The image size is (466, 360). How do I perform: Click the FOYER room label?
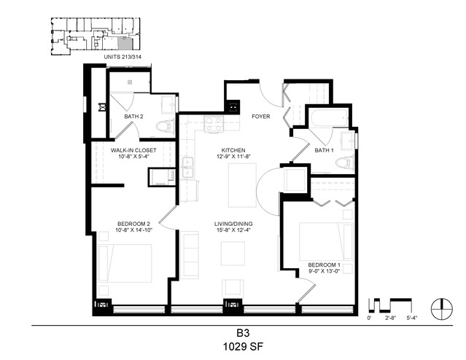tap(260, 117)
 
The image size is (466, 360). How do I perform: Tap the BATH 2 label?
tap(133, 117)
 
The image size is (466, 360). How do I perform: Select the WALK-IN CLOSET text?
tap(133, 150)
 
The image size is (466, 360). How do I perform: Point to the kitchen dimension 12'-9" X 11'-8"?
tap(233, 156)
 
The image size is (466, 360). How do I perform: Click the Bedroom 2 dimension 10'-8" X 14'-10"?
tap(133, 230)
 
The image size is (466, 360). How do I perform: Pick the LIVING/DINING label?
tap(233, 224)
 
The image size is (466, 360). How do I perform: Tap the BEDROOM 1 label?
tap(324, 265)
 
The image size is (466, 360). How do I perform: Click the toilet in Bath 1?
tap(344, 163)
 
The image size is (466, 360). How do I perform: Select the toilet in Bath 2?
tap(166, 126)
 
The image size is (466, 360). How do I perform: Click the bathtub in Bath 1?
tap(329, 118)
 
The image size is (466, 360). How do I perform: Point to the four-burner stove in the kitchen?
tap(214, 124)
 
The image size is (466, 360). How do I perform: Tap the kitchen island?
tap(242, 185)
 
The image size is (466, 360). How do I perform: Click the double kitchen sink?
tap(187, 168)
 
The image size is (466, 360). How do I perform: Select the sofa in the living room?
tap(190, 255)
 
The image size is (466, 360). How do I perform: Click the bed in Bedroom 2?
tap(125, 263)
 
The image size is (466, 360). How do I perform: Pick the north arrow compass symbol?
tap(442, 308)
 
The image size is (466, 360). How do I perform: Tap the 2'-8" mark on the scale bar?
tap(390, 318)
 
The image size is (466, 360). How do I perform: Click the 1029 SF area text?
tap(243, 347)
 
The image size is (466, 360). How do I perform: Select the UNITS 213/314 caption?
tap(121, 57)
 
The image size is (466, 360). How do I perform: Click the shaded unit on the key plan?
tap(125, 44)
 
